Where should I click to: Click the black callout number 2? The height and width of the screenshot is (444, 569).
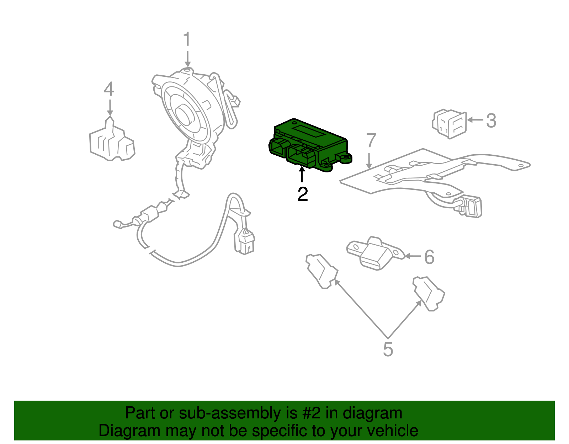tap(302, 194)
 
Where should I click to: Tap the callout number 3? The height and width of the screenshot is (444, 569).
tap(491, 121)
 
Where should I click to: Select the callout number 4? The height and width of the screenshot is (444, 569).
tap(109, 89)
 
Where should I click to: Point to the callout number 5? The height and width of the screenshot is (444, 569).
tap(388, 349)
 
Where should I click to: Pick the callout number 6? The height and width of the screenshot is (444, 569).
tap(429, 257)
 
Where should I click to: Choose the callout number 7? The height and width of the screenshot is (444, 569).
tap(371, 141)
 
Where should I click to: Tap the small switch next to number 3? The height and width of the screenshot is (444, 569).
tap(449, 124)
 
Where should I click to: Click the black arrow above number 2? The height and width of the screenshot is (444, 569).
tap(302, 175)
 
